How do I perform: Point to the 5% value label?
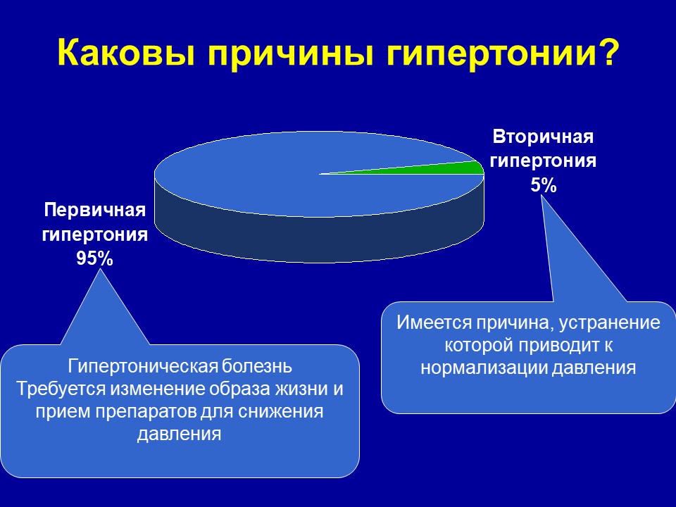[x=543, y=186]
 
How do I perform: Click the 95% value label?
[x=95, y=258]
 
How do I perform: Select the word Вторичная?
[x=543, y=137]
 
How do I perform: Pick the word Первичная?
[x=95, y=211]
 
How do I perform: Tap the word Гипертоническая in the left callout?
[x=143, y=366]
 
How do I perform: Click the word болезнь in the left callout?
[x=257, y=366]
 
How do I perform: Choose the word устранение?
[x=610, y=323]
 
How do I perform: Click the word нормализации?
[x=484, y=368]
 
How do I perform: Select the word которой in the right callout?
[x=478, y=345]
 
